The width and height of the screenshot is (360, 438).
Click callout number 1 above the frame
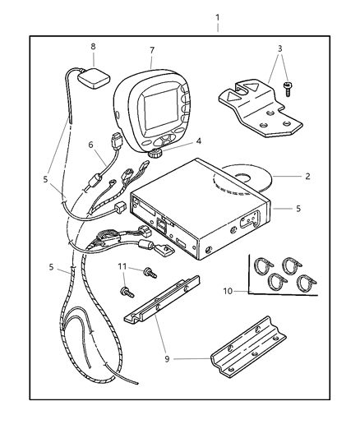coord(217,18)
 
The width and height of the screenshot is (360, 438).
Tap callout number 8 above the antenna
coord(93,46)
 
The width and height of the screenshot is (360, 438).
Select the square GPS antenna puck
coord(94,78)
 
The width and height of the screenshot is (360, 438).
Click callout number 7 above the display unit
coord(152,50)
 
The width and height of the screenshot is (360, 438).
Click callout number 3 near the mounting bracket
coord(279,48)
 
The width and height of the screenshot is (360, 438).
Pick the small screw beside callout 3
coord(288,89)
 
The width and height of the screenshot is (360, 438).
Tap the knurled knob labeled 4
coord(155,153)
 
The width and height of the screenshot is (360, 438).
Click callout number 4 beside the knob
coord(198,141)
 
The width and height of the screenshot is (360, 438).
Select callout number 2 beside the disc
coord(307,176)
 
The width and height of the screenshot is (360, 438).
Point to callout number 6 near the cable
coord(90,145)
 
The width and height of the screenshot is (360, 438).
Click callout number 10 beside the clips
coord(228,291)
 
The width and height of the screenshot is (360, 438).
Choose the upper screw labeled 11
coord(150,273)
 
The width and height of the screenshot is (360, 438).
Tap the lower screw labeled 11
coord(127,292)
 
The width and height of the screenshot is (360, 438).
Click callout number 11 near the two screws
coord(122,267)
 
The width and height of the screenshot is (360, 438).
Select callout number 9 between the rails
coord(167,359)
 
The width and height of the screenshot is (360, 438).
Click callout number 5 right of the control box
coord(298,209)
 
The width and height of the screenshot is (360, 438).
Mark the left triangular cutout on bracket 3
coord(232,97)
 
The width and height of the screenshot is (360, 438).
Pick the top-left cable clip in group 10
coord(263,265)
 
